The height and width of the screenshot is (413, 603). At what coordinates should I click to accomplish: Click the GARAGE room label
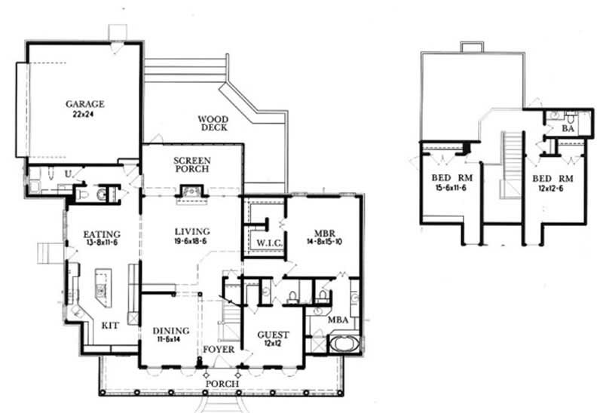tap(84, 104)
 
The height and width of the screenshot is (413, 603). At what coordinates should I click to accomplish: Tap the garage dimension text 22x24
tap(84, 116)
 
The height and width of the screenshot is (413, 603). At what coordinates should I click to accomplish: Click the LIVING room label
tap(191, 231)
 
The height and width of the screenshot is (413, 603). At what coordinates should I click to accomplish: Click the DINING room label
tap(170, 330)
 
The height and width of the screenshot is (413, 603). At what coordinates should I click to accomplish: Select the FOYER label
tap(219, 350)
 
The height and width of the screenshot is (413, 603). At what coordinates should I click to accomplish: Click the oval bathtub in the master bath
tap(344, 346)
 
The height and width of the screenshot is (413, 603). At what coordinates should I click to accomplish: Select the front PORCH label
tap(224, 384)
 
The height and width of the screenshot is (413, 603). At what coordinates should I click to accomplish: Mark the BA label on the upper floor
tap(569, 129)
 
